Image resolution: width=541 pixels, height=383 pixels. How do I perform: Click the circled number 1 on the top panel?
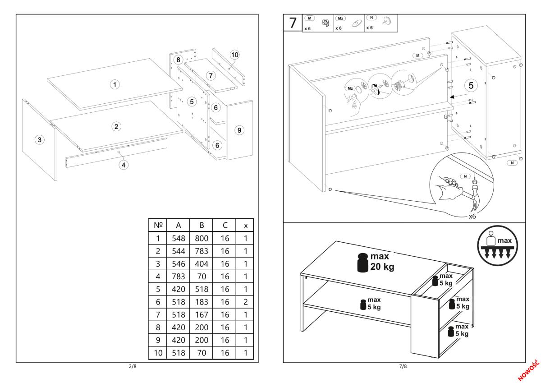click(115, 84)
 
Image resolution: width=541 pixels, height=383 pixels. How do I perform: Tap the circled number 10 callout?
click(234, 55)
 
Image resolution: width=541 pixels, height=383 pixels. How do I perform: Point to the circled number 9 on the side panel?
click(239, 130)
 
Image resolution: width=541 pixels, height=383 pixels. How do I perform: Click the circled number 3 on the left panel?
click(40, 140)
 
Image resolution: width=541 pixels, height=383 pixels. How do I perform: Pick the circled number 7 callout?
click(211, 75)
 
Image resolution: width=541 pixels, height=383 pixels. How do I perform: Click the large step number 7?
click(293, 23)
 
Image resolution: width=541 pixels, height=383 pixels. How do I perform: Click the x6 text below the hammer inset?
click(472, 217)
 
